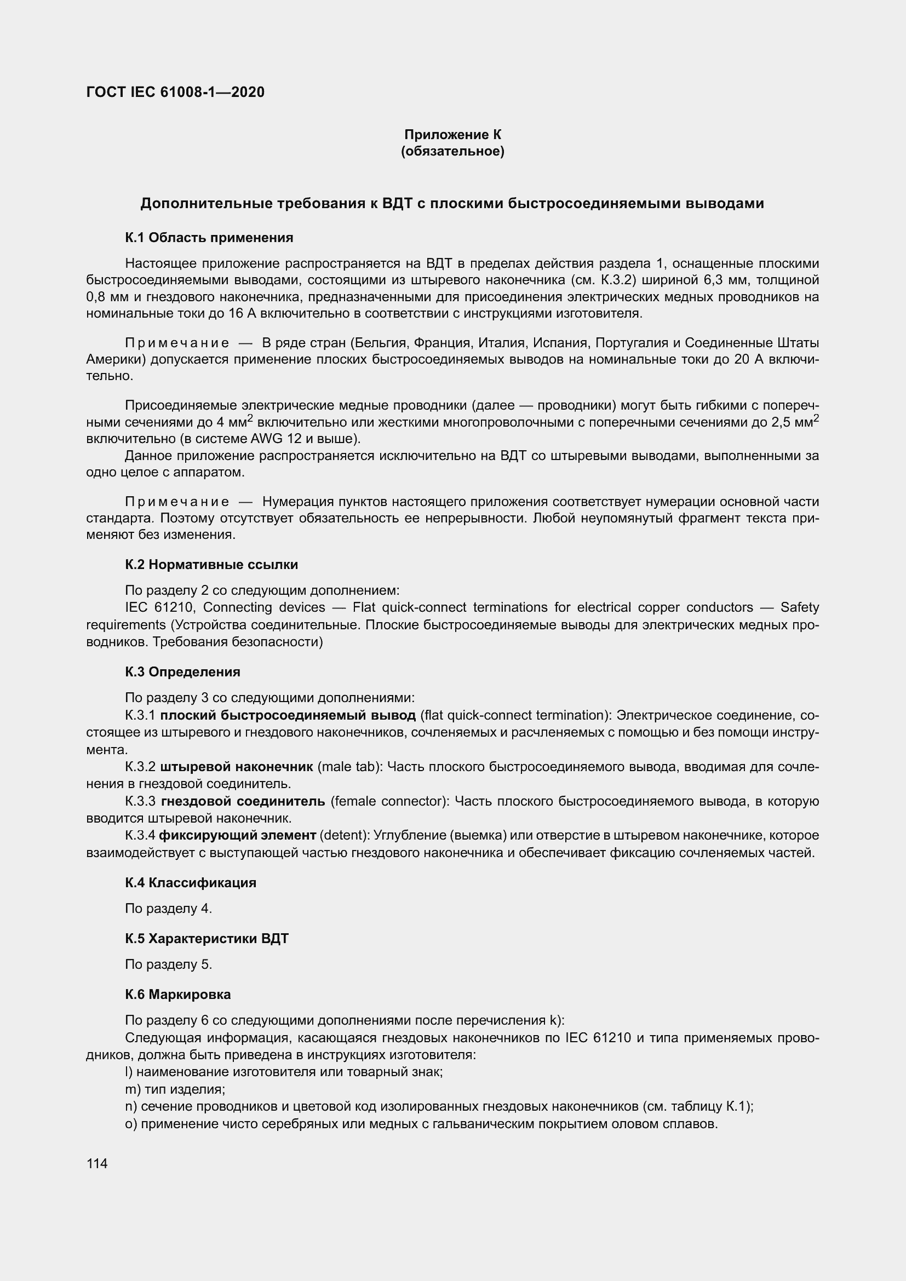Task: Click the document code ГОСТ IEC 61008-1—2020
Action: (175, 92)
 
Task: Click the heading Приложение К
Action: (452, 135)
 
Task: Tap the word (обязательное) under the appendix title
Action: (452, 151)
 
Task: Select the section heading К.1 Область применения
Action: (209, 238)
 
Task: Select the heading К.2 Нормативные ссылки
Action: (211, 565)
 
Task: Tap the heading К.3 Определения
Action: (182, 672)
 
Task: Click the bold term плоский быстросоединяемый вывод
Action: (288, 715)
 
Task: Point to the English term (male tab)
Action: (350, 767)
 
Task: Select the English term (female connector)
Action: (390, 801)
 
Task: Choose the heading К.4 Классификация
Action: (190, 883)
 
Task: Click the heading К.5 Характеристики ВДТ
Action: (207, 939)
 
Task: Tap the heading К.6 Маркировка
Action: (178, 994)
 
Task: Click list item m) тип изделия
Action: (175, 1089)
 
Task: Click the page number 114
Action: (97, 1163)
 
